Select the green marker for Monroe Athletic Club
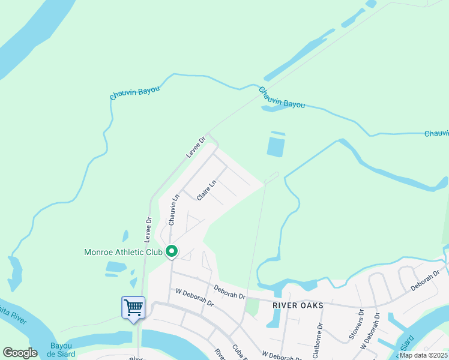point(172,252)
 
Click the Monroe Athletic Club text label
point(124,253)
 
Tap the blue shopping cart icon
point(133,308)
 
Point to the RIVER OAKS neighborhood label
point(298,305)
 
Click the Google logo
point(20,353)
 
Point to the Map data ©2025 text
point(424,355)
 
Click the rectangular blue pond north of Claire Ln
point(275,146)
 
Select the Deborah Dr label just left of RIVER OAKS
point(230,293)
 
